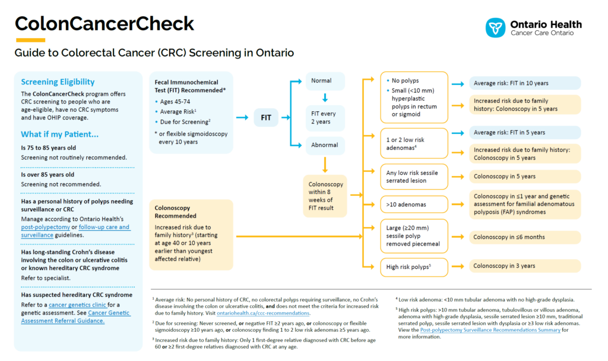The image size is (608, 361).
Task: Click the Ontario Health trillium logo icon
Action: (x=495, y=27)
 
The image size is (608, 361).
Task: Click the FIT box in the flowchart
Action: (x=266, y=117)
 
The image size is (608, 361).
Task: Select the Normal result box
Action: (x=325, y=81)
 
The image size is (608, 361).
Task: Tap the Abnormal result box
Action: (x=325, y=145)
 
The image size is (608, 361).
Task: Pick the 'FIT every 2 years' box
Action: (x=325, y=118)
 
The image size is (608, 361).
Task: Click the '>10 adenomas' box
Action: (x=414, y=205)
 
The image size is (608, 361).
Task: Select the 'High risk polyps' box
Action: (x=414, y=267)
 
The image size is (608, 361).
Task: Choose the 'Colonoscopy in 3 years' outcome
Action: (x=525, y=266)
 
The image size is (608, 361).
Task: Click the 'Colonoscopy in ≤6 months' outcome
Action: (x=525, y=237)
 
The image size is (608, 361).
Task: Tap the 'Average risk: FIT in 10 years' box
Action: (x=525, y=83)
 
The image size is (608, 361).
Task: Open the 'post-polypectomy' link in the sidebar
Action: (x=45, y=227)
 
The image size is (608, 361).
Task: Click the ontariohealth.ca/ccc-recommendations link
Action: (x=263, y=313)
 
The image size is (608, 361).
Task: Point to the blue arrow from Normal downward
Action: (x=325, y=98)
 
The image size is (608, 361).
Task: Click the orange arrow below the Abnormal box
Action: (x=325, y=165)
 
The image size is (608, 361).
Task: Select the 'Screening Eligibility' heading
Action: (x=58, y=82)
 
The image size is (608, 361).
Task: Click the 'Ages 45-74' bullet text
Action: (x=175, y=102)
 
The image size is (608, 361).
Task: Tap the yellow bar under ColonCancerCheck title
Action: (x=31, y=40)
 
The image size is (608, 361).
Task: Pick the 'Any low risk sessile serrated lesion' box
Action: (x=414, y=177)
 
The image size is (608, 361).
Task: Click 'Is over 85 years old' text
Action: (x=47, y=175)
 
